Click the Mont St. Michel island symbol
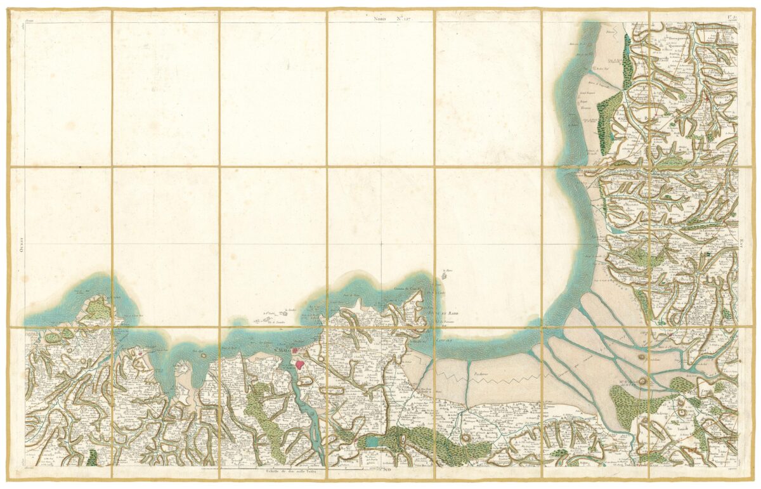[x=643, y=381]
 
